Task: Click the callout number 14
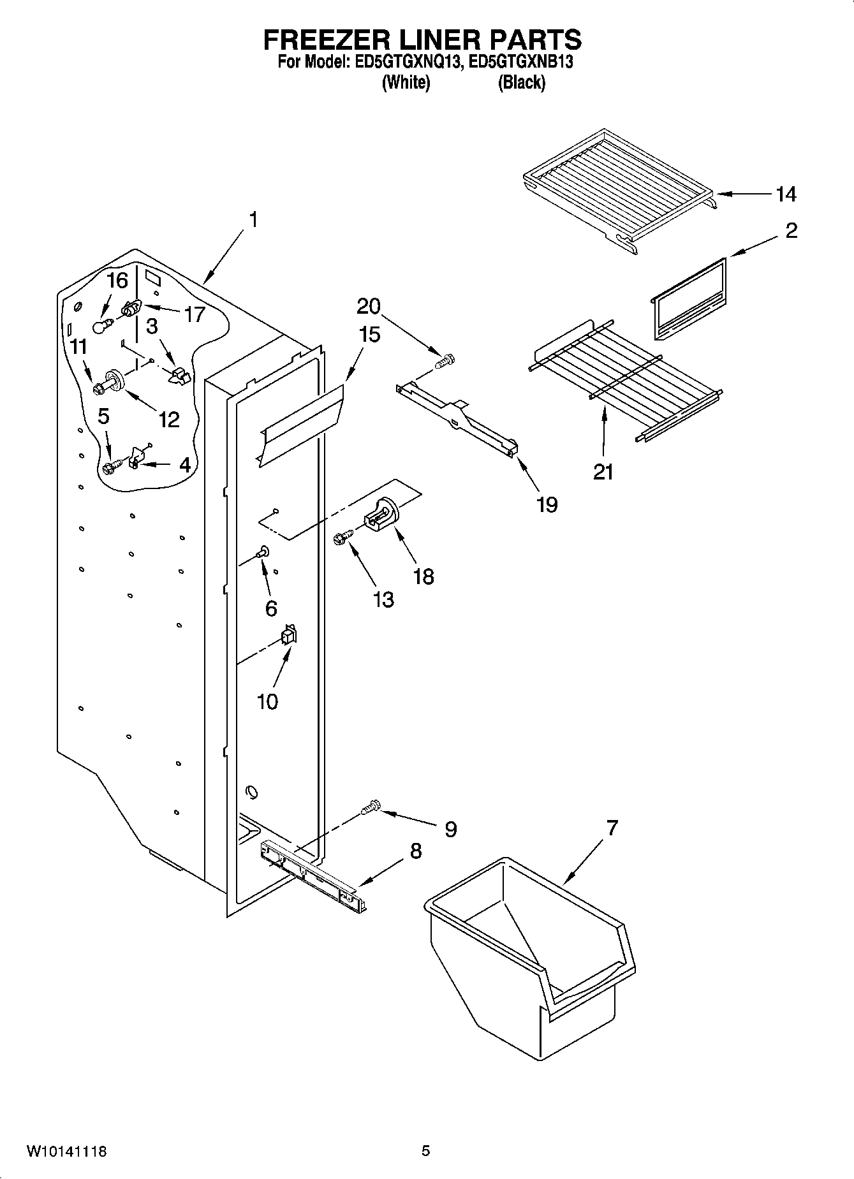pos(786,194)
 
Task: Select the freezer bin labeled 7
pos(529,949)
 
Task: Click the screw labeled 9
pos(370,809)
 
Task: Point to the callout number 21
pos(603,472)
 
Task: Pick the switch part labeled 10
pos(289,636)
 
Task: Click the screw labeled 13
pos(343,539)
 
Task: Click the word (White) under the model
pos(406,82)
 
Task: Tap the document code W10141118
pos(66,1152)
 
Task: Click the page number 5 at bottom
pos(425,1151)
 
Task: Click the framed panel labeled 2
pos(689,298)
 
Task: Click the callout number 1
pos(253,221)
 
